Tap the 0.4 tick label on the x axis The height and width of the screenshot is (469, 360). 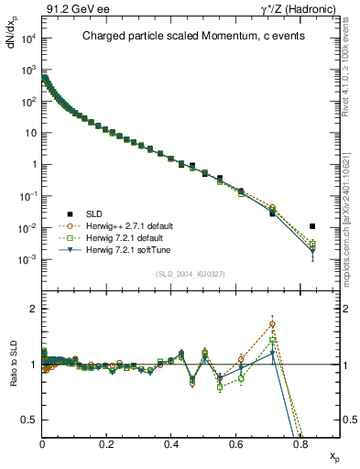171,443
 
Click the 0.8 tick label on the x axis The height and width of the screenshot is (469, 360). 300,443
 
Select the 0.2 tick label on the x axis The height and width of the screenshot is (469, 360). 106,443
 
